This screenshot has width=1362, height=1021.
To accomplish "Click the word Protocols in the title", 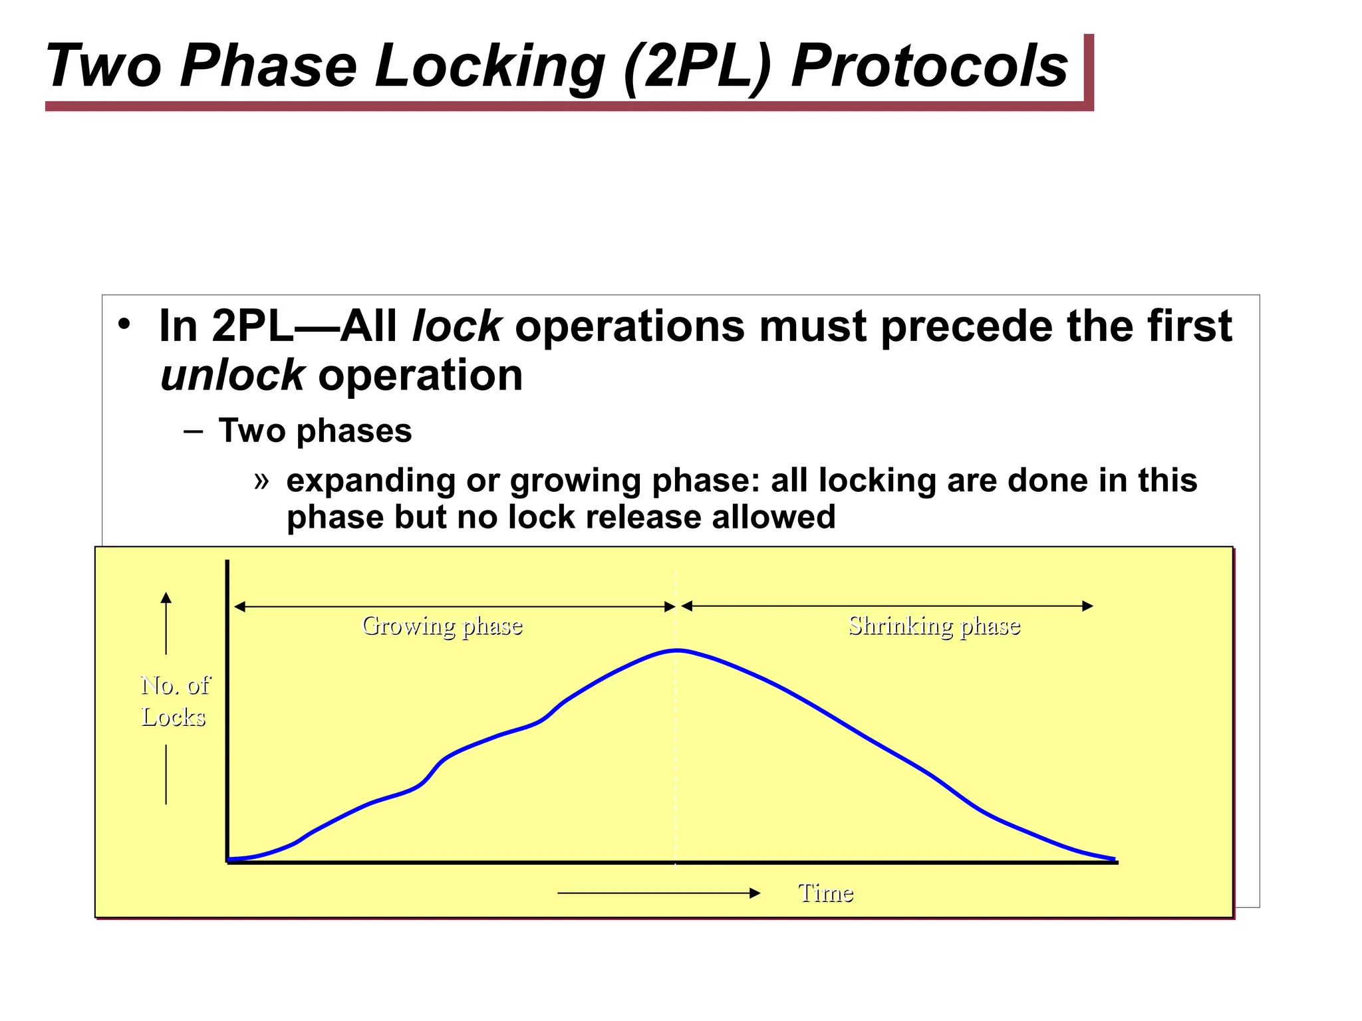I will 929,65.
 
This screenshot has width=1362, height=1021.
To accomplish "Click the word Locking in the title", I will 489,65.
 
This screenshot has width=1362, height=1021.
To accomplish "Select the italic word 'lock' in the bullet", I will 456,326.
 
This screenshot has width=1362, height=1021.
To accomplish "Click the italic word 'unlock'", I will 232,376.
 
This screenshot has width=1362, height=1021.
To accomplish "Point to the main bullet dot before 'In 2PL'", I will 124,325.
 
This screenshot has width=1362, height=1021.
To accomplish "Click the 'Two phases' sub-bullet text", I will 315,430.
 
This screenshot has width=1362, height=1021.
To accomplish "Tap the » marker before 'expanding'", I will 261,479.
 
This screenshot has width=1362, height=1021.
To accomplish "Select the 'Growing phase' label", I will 442,626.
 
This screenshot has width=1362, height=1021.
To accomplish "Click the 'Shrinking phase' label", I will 934,626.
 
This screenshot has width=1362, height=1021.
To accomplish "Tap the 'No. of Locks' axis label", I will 174,701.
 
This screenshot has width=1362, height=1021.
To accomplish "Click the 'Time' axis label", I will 825,893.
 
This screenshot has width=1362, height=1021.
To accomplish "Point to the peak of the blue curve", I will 677,650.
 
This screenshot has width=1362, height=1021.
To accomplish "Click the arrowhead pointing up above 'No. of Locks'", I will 166,597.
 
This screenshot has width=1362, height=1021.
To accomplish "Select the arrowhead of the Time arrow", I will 755,893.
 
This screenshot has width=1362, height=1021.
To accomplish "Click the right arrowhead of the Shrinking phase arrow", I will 1088,606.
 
